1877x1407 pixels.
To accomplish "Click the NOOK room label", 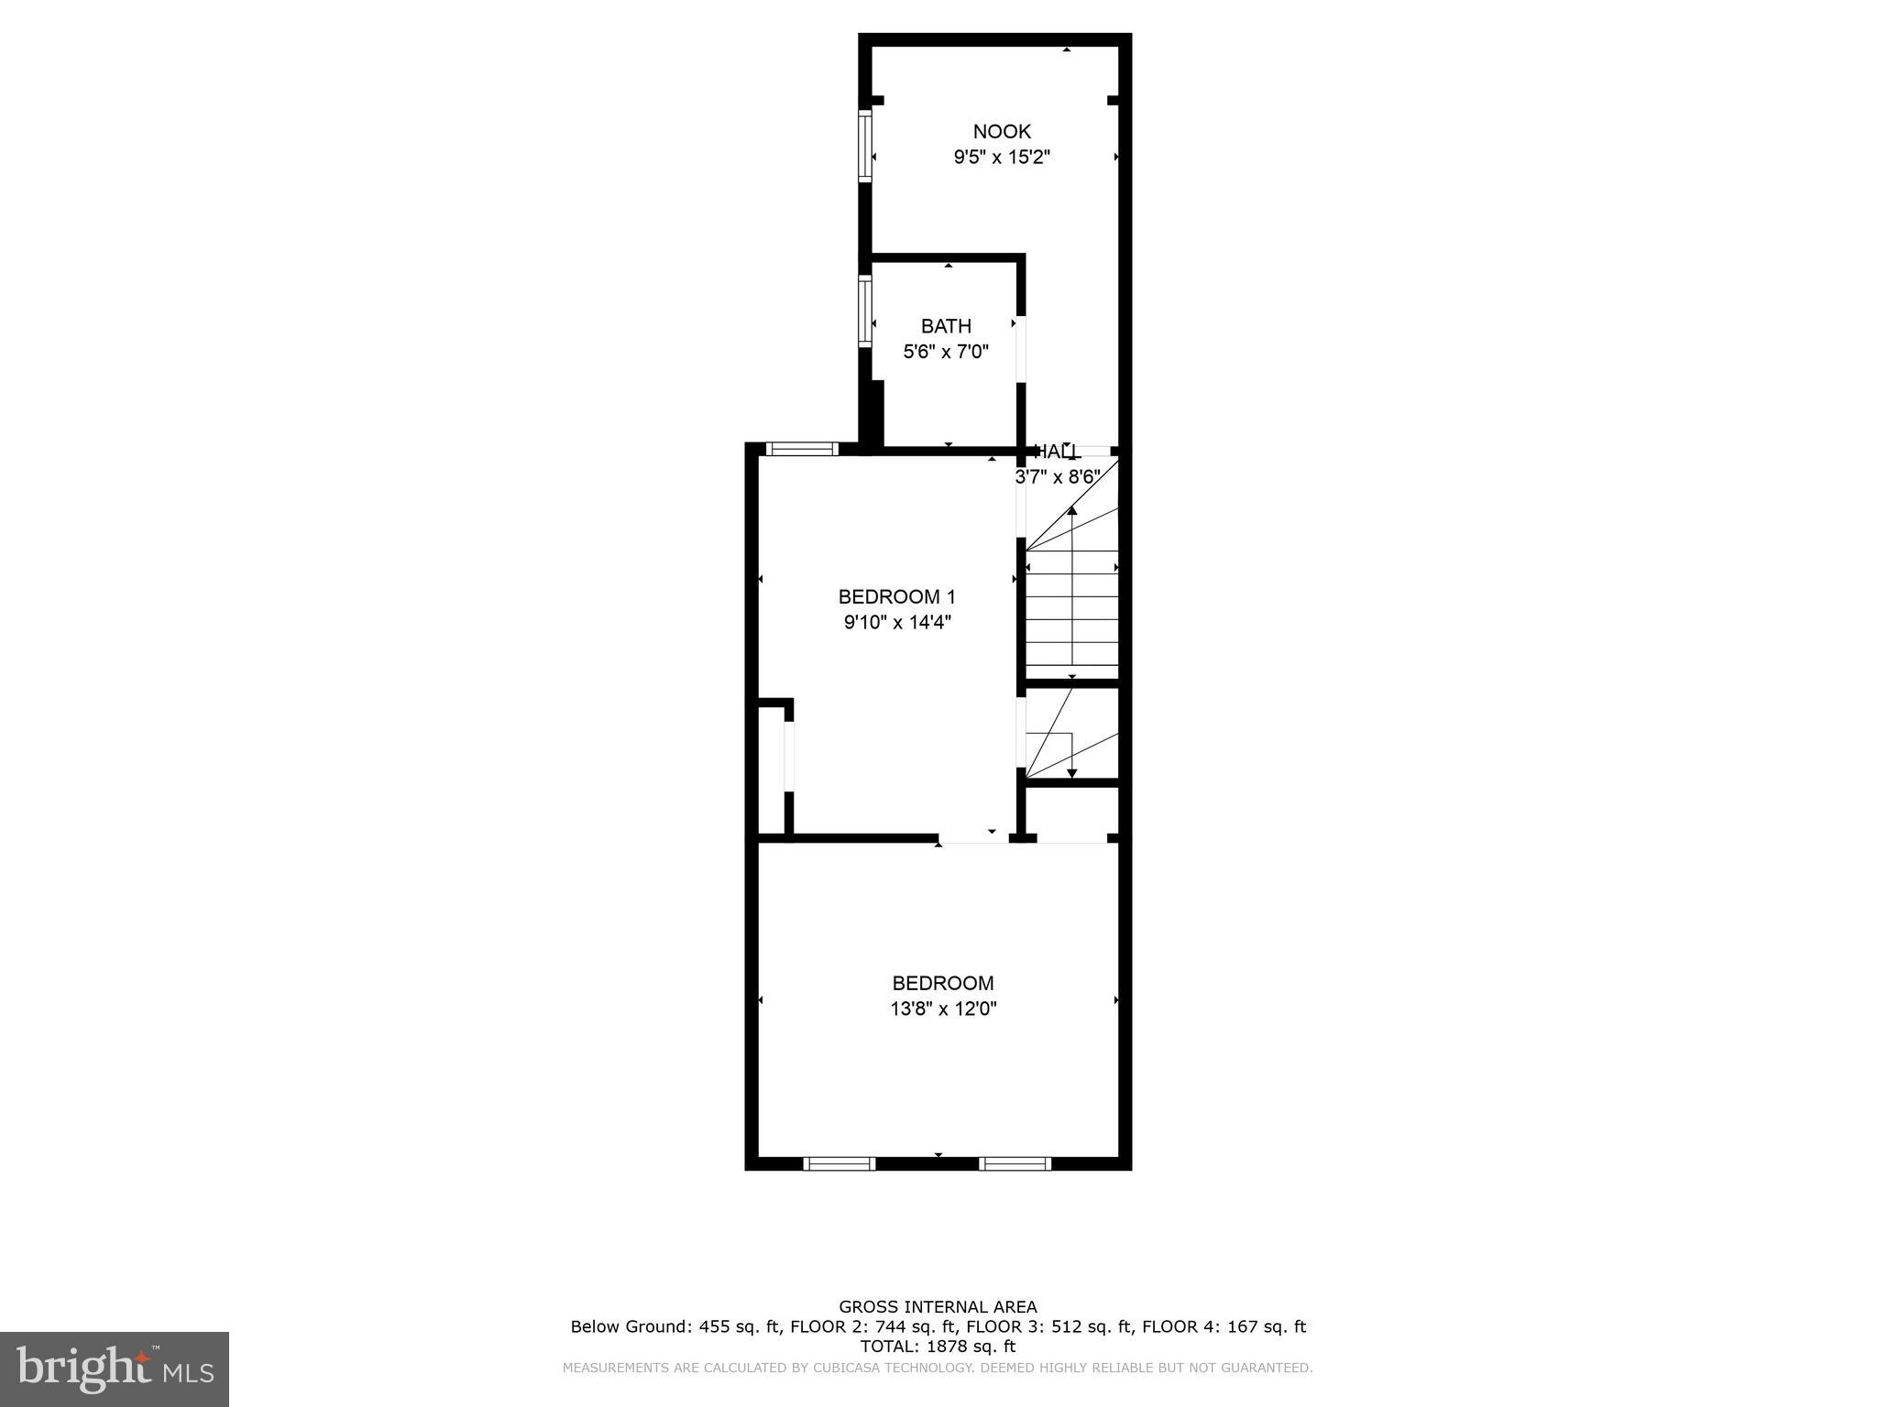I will click(1002, 132).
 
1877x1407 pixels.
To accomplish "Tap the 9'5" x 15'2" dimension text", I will click(1002, 158).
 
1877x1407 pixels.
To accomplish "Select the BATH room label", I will click(946, 326).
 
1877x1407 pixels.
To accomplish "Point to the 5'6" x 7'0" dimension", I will click(946, 352).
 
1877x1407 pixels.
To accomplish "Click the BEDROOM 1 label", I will click(896, 597).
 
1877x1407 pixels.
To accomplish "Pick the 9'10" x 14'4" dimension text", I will click(897, 623).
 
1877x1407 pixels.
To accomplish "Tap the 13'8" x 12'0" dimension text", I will click(943, 1009).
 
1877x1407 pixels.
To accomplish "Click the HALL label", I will click(1058, 452).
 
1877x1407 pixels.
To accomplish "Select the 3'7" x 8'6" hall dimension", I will click(1058, 477).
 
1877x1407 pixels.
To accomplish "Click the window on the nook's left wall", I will click(864, 145).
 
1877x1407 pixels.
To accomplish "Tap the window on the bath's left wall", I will click(864, 311).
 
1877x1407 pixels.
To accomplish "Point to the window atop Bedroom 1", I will click(802, 449).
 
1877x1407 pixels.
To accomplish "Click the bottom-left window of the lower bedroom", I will click(839, 1164).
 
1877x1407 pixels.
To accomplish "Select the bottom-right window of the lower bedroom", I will click(1015, 1164).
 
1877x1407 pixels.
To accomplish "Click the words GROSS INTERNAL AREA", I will click(938, 1307).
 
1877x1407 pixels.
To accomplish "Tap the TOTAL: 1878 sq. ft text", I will click(938, 1347).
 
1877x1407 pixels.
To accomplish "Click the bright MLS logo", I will click(115, 1369).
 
